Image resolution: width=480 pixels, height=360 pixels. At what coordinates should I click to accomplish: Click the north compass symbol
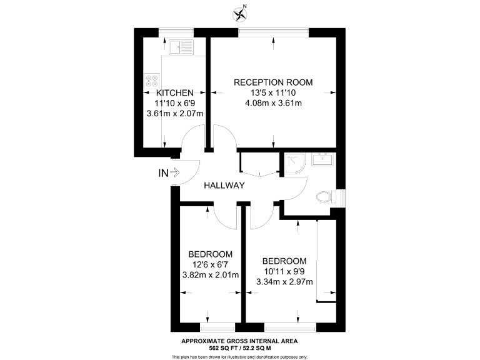(239, 12)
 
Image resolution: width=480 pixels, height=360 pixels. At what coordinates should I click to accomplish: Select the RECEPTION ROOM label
(273, 82)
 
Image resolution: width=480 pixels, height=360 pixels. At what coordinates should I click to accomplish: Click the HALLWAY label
(223, 185)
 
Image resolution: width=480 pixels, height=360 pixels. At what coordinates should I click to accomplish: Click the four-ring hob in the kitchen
(152, 81)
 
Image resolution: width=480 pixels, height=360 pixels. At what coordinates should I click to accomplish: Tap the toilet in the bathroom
(324, 197)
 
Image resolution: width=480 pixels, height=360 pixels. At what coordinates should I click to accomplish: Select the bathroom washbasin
(323, 159)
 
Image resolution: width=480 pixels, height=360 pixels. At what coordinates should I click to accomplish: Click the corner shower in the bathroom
(292, 162)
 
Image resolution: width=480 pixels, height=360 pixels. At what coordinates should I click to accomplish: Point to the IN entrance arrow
(169, 173)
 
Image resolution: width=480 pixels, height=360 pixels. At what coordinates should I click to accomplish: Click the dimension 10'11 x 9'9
(284, 271)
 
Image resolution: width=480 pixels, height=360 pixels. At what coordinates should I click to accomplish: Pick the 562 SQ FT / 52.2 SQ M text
(239, 348)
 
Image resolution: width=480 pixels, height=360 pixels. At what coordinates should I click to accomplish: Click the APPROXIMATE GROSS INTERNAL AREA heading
(239, 341)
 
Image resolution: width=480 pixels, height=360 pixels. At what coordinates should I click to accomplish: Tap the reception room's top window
(274, 31)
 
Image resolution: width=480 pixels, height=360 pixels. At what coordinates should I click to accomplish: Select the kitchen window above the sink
(176, 31)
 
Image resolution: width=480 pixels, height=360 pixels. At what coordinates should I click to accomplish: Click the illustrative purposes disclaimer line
(239, 357)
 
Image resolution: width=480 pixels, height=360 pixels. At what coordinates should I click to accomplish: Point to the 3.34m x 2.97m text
(284, 282)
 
